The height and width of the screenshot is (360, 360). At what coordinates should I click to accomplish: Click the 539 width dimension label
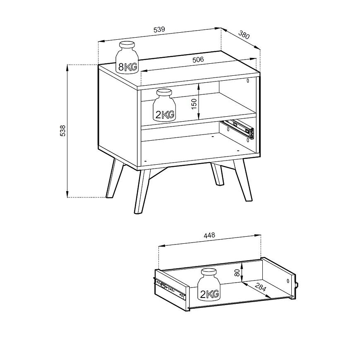pyautogui.click(x=159, y=30)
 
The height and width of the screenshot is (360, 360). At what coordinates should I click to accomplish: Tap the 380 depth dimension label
pyautogui.click(x=244, y=35)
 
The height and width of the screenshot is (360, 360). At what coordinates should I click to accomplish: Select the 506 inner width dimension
pyautogui.click(x=198, y=60)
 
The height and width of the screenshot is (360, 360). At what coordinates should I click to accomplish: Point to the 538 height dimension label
pyautogui.click(x=62, y=131)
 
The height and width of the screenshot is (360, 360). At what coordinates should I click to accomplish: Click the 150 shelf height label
pyautogui.click(x=194, y=104)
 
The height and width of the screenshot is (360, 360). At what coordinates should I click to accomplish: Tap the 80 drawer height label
pyautogui.click(x=237, y=273)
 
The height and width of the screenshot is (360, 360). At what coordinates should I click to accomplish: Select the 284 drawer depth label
pyautogui.click(x=260, y=287)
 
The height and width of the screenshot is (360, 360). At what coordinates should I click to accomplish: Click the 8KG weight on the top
pyautogui.click(x=127, y=58)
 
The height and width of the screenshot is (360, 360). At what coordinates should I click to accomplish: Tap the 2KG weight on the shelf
pyautogui.click(x=164, y=106)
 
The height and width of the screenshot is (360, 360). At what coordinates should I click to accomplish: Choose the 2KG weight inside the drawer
pyautogui.click(x=209, y=284)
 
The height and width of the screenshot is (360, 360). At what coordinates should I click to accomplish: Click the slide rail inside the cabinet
pyautogui.click(x=238, y=129)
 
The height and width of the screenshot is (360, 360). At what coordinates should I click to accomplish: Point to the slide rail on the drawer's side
pyautogui.click(x=170, y=288)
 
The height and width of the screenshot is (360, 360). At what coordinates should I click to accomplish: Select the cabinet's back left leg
pyautogui.click(x=115, y=178)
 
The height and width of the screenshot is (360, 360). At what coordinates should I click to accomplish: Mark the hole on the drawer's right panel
pyautogui.click(x=288, y=281)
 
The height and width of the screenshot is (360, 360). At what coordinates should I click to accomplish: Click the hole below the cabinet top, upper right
pyautogui.click(x=248, y=80)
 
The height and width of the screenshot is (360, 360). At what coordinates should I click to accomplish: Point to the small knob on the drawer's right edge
pyautogui.click(x=297, y=285)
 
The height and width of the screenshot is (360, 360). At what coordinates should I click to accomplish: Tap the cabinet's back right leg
pyautogui.click(x=217, y=174)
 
